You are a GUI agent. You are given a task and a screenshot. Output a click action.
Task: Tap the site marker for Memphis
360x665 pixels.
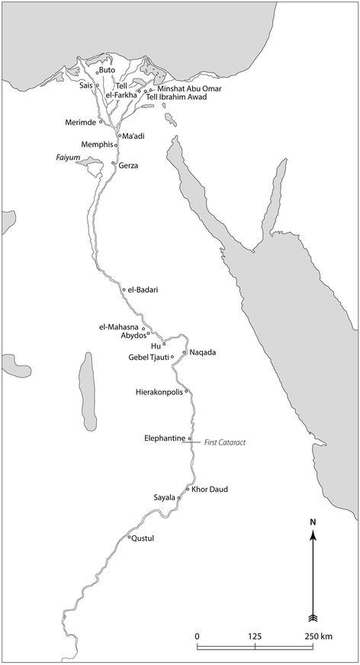(x=116, y=144)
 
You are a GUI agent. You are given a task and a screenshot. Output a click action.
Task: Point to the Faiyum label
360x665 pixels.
(x=68, y=157)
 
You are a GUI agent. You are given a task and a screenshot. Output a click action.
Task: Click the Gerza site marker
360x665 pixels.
(x=113, y=163)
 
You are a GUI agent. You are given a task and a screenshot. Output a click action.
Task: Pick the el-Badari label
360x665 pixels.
(x=143, y=290)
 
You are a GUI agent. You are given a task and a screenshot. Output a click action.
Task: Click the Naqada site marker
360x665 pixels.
(x=184, y=352)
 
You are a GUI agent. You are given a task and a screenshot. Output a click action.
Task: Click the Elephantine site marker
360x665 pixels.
(x=189, y=439)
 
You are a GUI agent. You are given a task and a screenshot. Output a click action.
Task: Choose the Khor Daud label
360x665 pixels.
(x=210, y=489)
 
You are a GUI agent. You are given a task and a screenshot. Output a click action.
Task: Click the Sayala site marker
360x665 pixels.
(x=179, y=497)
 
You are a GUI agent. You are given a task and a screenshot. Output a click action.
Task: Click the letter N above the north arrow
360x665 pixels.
(x=313, y=522)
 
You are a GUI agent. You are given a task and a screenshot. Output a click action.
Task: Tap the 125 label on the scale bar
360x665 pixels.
(x=255, y=636)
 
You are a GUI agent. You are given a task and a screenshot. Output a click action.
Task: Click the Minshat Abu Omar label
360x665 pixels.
(x=185, y=88)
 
